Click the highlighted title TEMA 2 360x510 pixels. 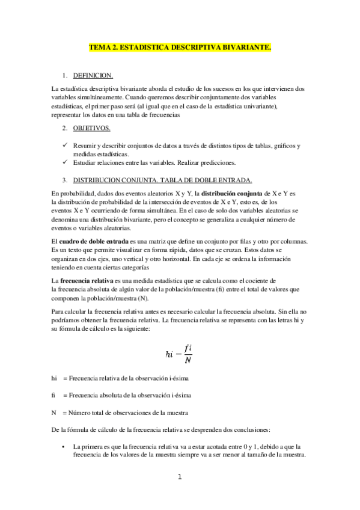point(180,46)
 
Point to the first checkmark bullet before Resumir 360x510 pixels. point(65,146)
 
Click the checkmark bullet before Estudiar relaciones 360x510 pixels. point(65,162)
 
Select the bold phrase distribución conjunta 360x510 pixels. point(231,193)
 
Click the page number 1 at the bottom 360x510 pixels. point(179,478)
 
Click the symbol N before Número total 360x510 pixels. point(54,413)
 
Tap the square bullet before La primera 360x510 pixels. point(64,447)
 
